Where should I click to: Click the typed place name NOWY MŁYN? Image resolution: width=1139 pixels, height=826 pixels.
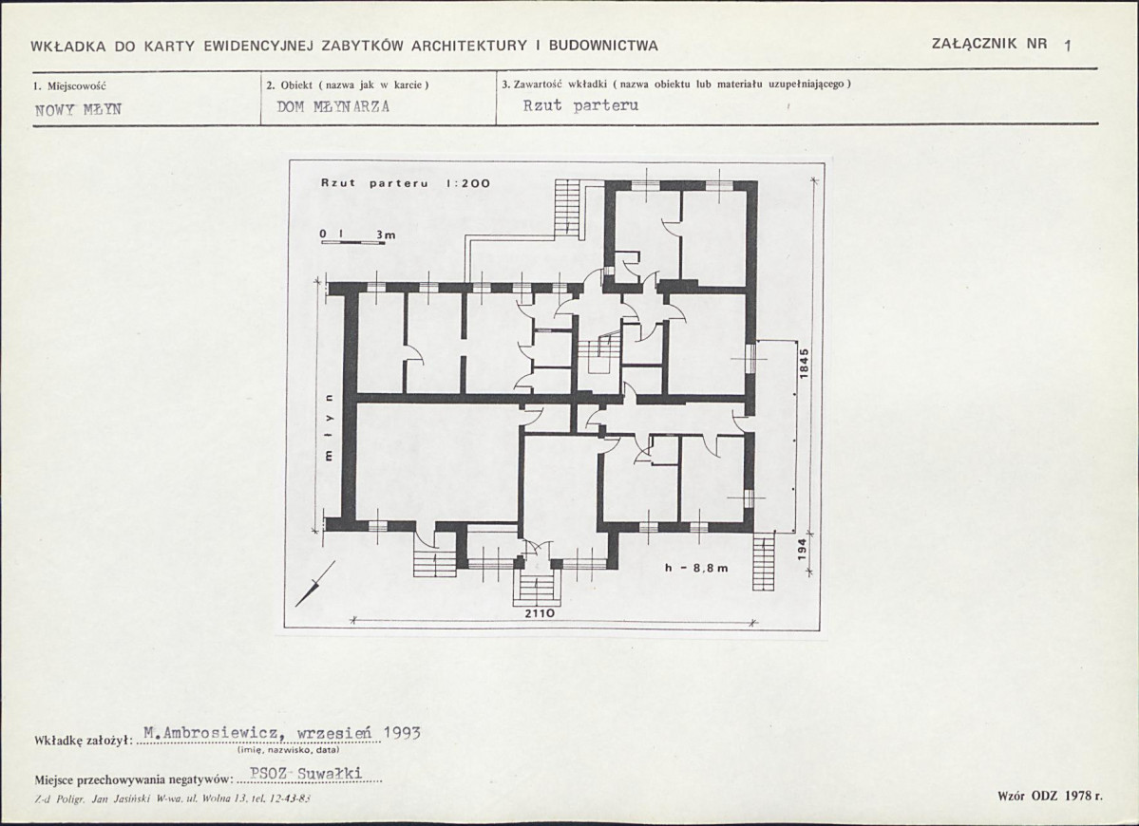tap(79, 109)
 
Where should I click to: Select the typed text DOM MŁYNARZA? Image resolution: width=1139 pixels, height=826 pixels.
tap(333, 106)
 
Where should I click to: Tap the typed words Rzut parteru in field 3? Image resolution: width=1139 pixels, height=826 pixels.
tap(580, 105)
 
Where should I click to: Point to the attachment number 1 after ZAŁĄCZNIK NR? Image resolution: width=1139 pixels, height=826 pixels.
tap(1067, 45)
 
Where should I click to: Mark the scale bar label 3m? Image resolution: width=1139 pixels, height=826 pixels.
tap(386, 235)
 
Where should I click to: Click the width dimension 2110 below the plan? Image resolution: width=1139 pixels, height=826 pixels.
tap(540, 613)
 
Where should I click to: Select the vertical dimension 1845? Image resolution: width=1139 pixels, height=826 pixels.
tap(804, 364)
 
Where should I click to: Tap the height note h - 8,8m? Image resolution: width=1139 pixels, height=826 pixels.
tap(696, 568)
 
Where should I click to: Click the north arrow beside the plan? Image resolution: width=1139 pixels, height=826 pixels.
tap(315, 584)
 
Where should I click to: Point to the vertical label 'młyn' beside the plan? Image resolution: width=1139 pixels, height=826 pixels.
tap(329, 429)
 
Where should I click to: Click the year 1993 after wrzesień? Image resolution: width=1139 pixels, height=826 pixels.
tap(402, 732)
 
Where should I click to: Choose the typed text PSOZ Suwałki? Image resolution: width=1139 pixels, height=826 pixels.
tap(306, 774)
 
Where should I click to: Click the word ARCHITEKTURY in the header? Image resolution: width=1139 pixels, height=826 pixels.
tap(469, 46)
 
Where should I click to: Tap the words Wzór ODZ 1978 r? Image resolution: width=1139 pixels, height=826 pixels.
tap(1051, 797)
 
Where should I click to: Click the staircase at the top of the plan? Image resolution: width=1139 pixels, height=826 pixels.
tap(566, 207)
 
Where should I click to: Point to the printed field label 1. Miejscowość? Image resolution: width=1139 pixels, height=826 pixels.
tap(69, 85)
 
